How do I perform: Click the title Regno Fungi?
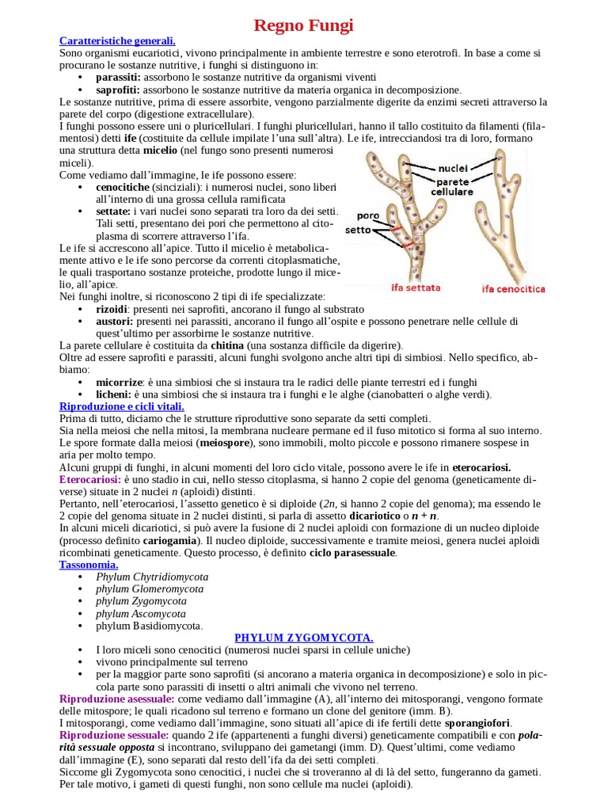tap(303, 25)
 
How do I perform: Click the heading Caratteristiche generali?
tap(118, 40)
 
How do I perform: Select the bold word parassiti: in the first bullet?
tap(118, 77)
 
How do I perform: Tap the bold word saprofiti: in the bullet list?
tap(118, 89)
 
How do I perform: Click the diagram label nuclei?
tap(452, 168)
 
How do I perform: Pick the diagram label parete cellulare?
tap(452, 186)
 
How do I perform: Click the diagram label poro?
tap(367, 215)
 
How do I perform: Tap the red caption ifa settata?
tap(416, 287)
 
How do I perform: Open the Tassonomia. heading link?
tap(89, 565)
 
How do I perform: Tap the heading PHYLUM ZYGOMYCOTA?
tap(304, 638)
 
